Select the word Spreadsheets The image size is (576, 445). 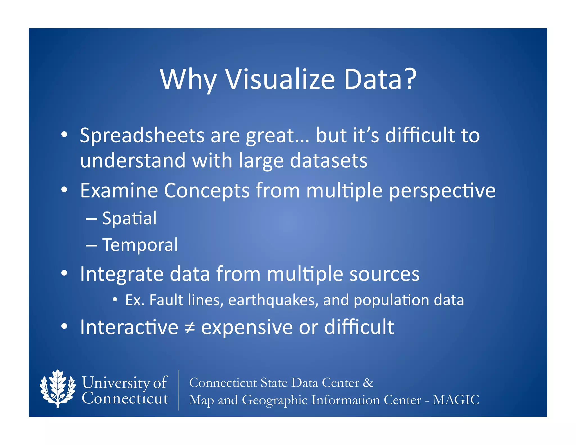[x=142, y=136]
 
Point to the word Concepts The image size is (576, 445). [x=207, y=191]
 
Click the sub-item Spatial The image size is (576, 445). [x=129, y=218]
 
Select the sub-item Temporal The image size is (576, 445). [x=140, y=245]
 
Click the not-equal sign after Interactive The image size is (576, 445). [x=190, y=328]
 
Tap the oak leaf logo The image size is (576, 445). [x=58, y=388]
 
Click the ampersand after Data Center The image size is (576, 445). [x=368, y=383]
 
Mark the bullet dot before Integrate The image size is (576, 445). [x=64, y=273]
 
